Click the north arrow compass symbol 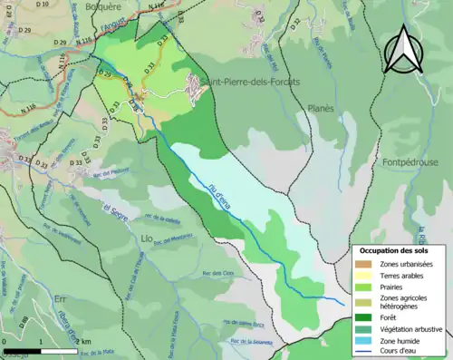tap(403, 50)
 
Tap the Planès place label tap(317, 107)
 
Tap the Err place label tap(35, 297)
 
